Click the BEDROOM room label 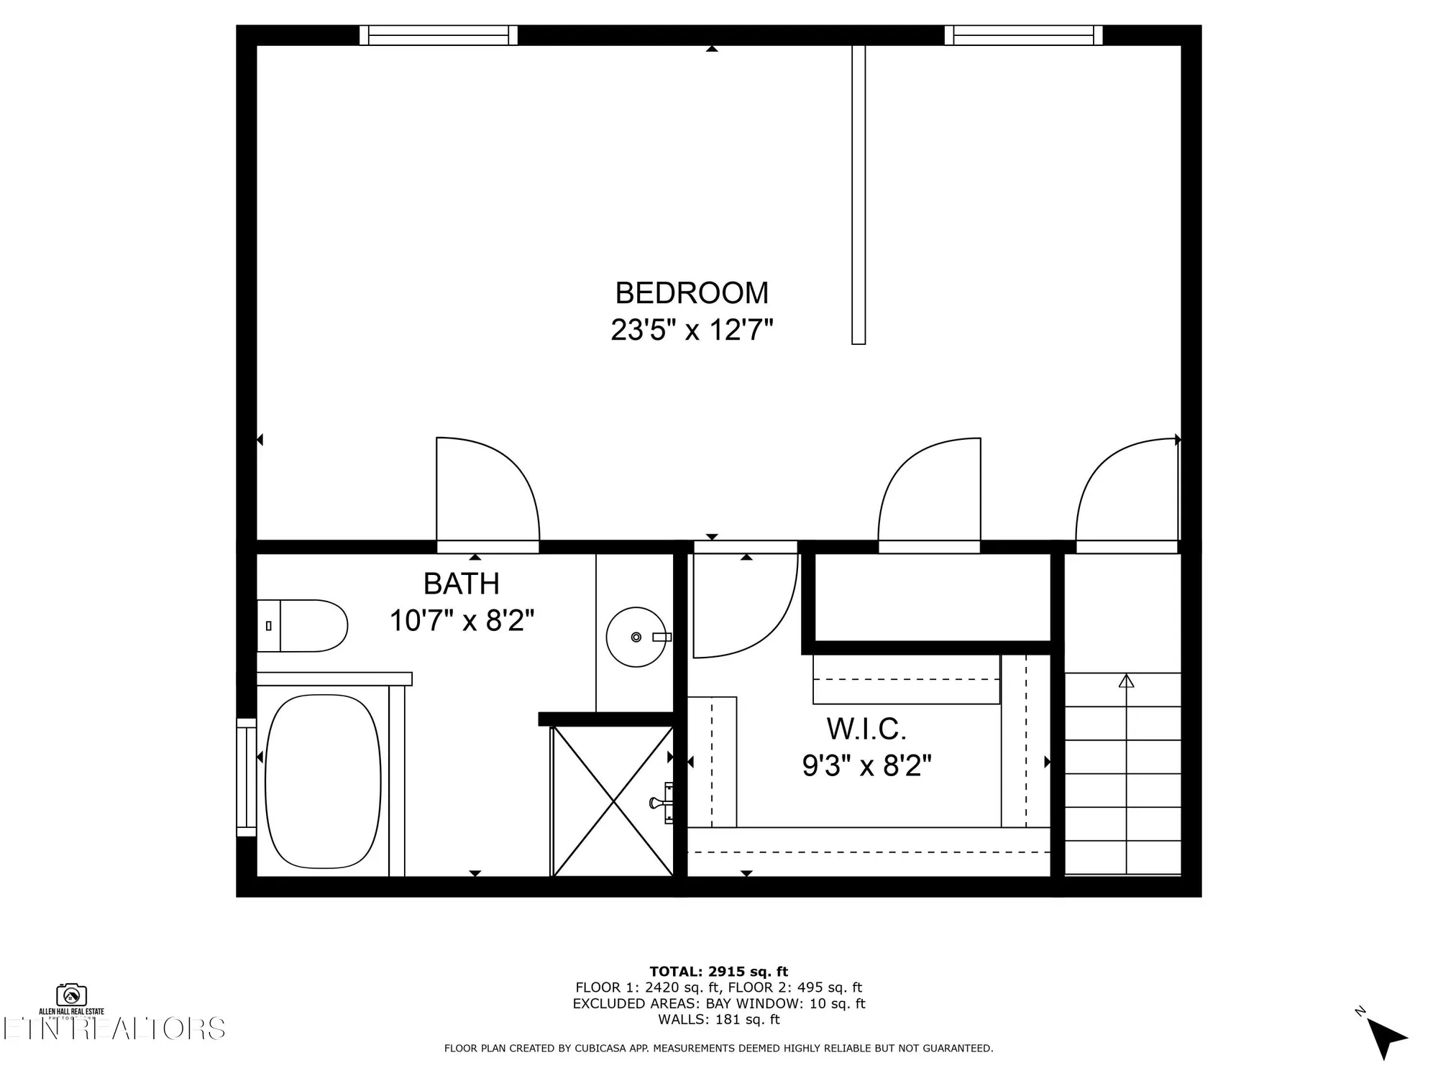[692, 293]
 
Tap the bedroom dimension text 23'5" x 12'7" [692, 331]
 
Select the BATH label [461, 584]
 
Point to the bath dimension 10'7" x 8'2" [462, 620]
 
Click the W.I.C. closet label [866, 729]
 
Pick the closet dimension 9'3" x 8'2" [866, 766]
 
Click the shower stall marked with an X [613, 801]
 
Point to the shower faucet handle [659, 802]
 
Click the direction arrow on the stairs [1126, 681]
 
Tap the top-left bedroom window [438, 35]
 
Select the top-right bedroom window [1023, 35]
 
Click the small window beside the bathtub [247, 777]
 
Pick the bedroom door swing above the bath [487, 492]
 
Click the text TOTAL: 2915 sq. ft [719, 972]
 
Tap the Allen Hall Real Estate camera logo [71, 995]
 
